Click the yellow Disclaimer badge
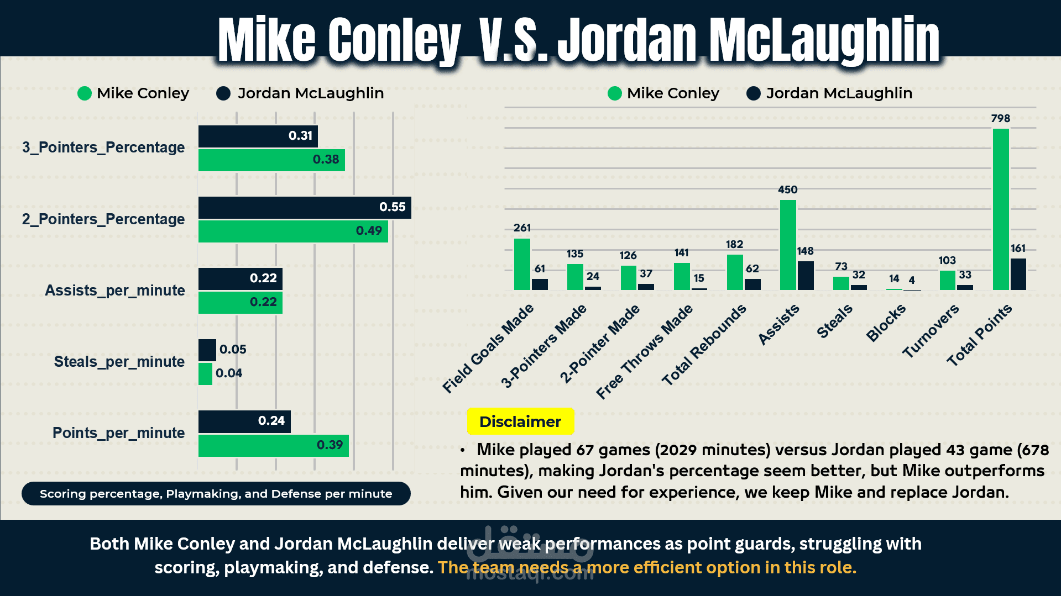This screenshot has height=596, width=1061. (520, 421)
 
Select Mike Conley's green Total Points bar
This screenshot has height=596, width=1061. (1001, 209)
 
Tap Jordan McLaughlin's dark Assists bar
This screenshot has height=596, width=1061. (806, 276)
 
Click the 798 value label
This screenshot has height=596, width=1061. (1000, 118)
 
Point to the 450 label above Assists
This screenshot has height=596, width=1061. (787, 189)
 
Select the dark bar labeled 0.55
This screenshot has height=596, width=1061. (305, 207)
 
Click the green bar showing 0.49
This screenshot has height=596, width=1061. (293, 231)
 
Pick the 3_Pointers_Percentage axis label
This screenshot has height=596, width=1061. (103, 147)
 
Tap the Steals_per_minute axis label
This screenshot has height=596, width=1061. (119, 362)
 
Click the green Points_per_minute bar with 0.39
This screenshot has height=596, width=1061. (273, 445)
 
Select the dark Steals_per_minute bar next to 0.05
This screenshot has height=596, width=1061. (207, 350)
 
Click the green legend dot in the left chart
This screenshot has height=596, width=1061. (85, 93)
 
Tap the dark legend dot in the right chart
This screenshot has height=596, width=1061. (753, 93)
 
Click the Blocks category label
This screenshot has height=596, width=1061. (885, 323)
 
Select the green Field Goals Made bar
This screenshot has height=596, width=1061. (522, 264)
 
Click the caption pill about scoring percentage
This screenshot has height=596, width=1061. (216, 493)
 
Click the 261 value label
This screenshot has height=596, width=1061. (522, 228)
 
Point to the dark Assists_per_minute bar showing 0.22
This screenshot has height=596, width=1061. (240, 278)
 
